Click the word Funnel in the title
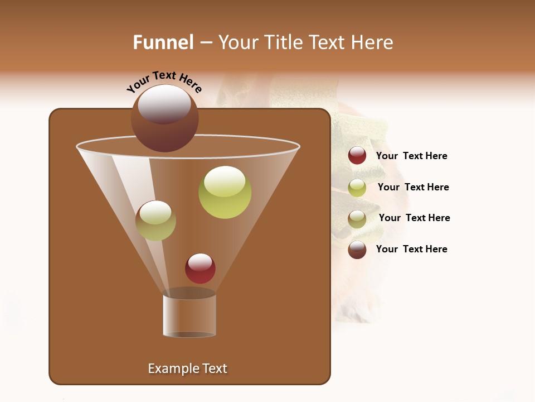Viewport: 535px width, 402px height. (163, 42)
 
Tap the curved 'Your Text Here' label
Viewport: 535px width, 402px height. (164, 82)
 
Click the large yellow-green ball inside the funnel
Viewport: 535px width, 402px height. (225, 192)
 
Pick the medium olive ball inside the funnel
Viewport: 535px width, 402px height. (155, 221)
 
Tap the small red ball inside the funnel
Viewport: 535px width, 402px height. (200, 269)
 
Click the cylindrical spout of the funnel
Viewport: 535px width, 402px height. (189, 315)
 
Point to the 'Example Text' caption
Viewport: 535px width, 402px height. (187, 368)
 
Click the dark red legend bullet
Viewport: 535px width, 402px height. (357, 156)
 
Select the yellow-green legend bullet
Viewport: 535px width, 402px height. (357, 188)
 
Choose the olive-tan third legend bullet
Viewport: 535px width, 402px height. (357, 219)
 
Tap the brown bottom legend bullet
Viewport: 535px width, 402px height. (357, 250)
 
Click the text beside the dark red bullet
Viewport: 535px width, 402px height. (411, 156)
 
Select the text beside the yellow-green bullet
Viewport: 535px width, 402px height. (413, 187)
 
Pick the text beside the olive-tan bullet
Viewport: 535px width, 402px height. (414, 218)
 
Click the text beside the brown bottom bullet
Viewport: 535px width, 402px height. (411, 249)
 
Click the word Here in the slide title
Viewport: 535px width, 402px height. (373, 42)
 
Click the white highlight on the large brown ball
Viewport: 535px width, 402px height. (164, 104)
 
